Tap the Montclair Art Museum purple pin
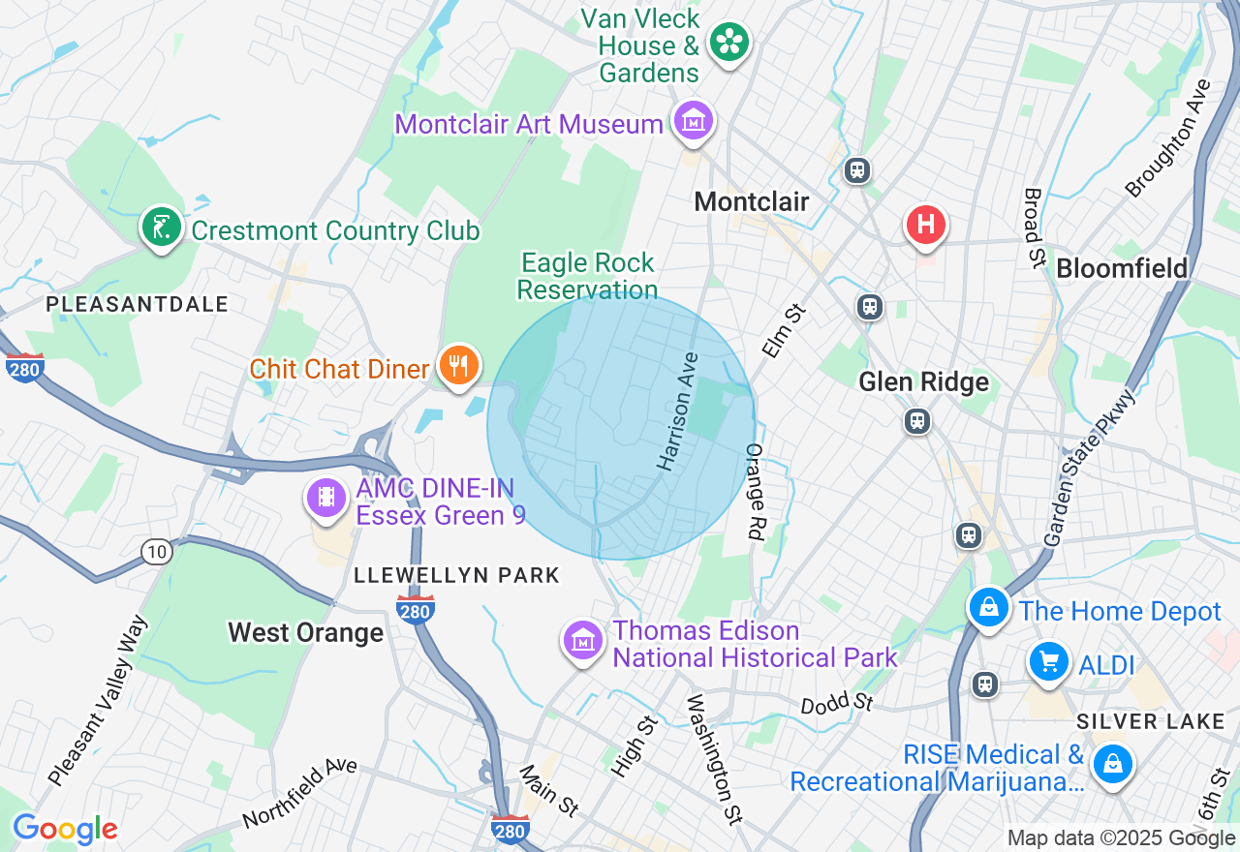point(694,122)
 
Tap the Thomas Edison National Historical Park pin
point(582,640)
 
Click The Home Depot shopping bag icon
point(988,608)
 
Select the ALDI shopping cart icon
point(1048,662)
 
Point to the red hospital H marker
point(925,225)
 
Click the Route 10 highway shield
point(157,552)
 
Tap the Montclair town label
point(752,201)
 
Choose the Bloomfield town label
point(1122,268)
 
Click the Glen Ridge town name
point(924,381)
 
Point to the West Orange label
point(306,632)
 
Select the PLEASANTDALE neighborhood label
point(138,304)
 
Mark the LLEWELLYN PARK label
point(457,575)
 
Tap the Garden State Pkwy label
point(1091,465)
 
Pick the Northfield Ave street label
point(300,792)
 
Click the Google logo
point(65,829)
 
